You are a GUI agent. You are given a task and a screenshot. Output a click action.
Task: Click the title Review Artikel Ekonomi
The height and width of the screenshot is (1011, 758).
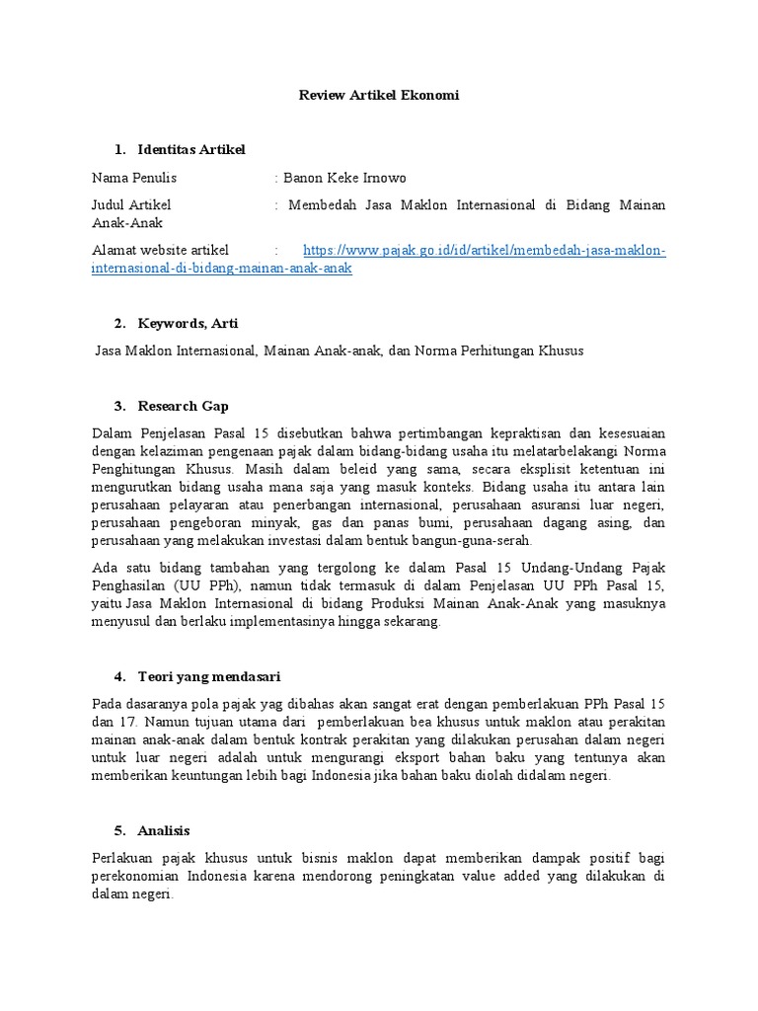(379, 96)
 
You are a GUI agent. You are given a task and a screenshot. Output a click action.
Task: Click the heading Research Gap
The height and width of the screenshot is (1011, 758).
(186, 405)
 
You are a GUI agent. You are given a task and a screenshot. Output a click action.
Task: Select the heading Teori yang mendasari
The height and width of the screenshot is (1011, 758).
(209, 676)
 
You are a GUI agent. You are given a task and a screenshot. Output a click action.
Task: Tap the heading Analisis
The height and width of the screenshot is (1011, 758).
(164, 830)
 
